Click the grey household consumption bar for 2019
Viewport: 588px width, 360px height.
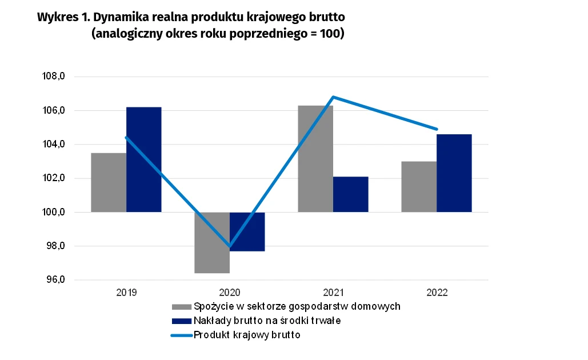tap(109, 183)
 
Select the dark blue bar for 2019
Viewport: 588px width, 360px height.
tap(143, 160)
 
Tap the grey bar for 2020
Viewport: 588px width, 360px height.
tap(212, 243)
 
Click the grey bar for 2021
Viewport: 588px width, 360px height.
tap(315, 160)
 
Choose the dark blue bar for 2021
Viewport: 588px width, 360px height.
tap(350, 194)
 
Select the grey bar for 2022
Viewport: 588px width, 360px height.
tap(419, 187)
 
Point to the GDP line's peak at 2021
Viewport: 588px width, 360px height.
tap(333, 97)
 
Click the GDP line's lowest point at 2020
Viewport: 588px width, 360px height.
tap(230, 246)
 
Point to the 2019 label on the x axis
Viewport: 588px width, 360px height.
tap(126, 292)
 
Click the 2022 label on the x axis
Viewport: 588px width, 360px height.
tap(437, 292)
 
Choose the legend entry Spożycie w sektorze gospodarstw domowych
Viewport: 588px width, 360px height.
tap(297, 306)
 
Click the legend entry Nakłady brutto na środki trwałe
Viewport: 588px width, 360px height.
tap(267, 321)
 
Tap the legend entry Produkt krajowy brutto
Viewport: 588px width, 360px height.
tap(247, 335)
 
